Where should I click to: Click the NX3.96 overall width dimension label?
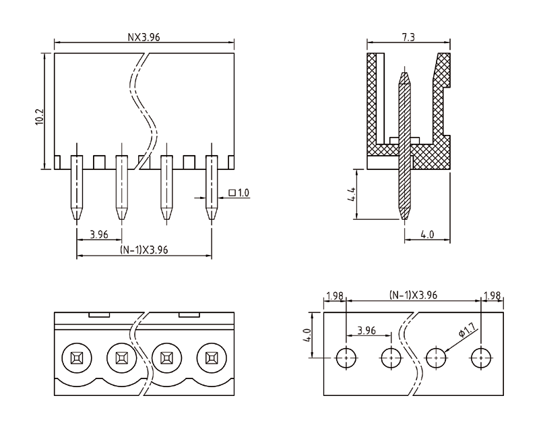click(x=144, y=37)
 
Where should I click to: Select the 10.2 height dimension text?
click(x=39, y=115)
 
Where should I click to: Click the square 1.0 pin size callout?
click(x=239, y=193)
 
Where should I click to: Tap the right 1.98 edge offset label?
click(x=492, y=296)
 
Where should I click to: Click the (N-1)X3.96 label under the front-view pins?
click(x=144, y=250)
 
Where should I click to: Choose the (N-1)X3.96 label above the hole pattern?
click(x=413, y=296)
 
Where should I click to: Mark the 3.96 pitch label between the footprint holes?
click(x=368, y=330)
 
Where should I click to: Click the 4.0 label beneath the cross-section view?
click(x=427, y=235)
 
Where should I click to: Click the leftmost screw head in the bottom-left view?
click(x=75, y=357)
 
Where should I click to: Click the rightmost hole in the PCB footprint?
click(x=480, y=357)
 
